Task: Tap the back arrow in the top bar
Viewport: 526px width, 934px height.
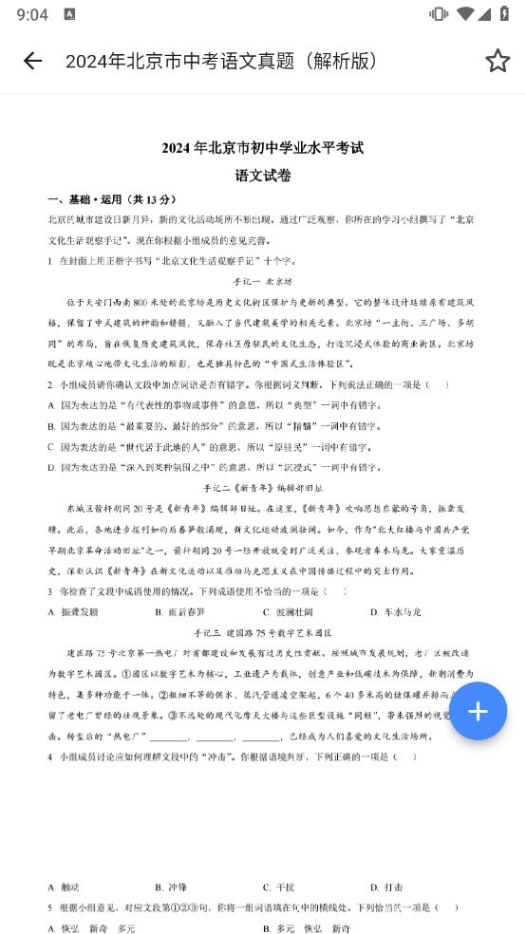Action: click(32, 61)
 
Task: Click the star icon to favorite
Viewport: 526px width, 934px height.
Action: click(498, 61)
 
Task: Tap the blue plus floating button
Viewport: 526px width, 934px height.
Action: click(478, 711)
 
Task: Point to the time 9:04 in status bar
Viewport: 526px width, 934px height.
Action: click(32, 14)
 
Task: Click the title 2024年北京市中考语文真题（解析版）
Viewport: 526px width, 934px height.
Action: click(222, 61)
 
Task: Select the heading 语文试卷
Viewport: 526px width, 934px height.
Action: click(263, 176)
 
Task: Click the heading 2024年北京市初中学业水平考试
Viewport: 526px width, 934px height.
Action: click(263, 148)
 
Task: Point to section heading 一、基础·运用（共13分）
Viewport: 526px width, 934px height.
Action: click(112, 199)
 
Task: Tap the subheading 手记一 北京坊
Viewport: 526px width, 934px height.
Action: click(263, 282)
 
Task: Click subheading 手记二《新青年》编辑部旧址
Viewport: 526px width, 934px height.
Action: click(263, 487)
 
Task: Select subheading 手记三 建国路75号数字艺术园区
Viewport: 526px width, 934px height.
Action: click(263, 632)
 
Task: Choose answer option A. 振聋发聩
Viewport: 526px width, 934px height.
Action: click(73, 612)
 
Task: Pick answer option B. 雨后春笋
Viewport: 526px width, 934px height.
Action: click(179, 612)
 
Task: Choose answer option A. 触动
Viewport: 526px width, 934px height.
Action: click(64, 887)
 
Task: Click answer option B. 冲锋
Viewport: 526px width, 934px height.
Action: click(171, 887)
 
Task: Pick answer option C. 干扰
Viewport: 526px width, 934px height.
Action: click(279, 887)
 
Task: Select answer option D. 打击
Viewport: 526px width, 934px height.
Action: click(386, 887)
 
